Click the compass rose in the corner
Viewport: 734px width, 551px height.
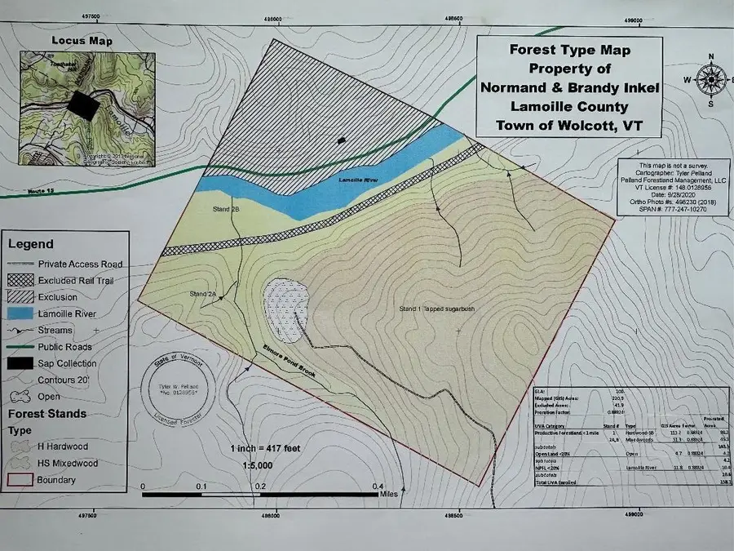point(711,80)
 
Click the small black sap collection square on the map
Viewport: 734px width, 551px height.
point(342,140)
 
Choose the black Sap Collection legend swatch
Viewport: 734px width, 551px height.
point(26,364)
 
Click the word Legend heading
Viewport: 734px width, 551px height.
point(30,243)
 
